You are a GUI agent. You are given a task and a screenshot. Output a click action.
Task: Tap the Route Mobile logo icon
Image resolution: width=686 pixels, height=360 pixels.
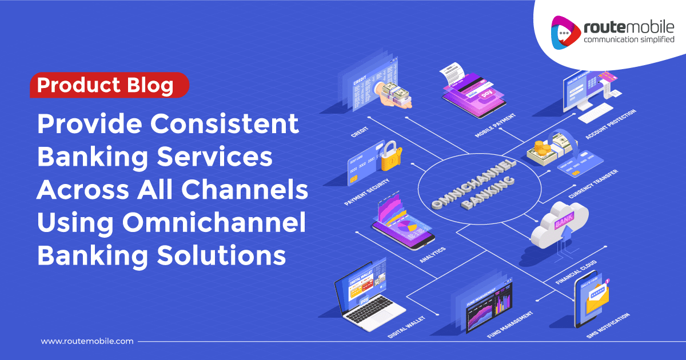(564, 31)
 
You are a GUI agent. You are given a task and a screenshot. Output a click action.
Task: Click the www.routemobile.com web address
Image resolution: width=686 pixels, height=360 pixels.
(87, 341)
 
